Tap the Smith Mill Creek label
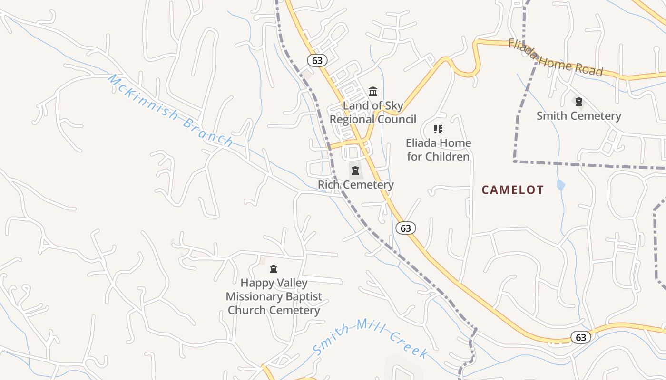pos(370,338)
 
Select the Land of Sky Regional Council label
pos(372,113)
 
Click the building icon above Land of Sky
pos(373,91)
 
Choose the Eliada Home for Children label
pos(438,150)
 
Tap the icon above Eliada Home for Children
pos(438,129)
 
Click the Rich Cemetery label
pos(355,185)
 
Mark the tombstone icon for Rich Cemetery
pos(355,171)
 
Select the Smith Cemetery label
pos(578,116)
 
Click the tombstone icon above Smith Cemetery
pos(578,101)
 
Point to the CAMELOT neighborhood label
pos(512,190)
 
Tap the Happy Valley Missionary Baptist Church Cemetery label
pos(274,296)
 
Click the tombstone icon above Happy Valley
pos(274,269)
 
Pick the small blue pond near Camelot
pos(561,185)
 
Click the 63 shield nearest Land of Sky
pos(317,60)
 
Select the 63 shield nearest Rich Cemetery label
pos(405,228)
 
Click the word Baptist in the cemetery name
pos(300,296)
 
